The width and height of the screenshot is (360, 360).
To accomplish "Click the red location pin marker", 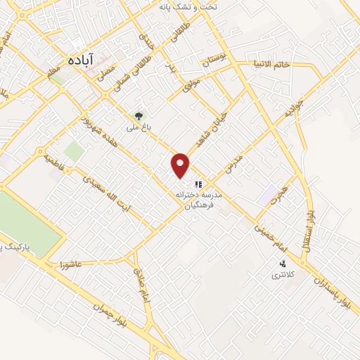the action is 181,165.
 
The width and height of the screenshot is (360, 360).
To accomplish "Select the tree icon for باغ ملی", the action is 139,115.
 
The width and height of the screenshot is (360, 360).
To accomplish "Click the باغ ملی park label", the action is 138,127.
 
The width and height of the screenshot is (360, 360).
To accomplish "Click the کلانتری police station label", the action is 285,275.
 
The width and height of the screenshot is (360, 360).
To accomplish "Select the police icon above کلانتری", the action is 283,264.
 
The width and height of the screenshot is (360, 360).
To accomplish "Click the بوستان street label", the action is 217,63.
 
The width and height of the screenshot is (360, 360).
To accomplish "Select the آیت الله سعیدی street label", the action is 112,193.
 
